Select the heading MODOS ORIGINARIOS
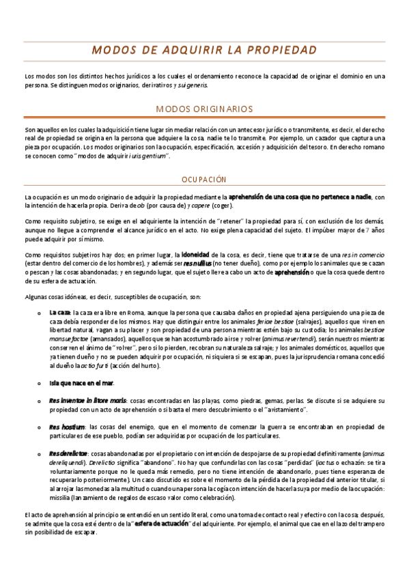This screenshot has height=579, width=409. point(204,109)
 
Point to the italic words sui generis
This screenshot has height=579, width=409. point(194,86)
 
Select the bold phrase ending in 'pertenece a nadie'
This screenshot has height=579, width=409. point(300,197)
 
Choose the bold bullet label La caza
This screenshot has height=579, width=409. point(59,312)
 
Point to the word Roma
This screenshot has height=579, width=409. point(128,312)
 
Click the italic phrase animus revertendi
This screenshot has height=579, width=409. point(270,339)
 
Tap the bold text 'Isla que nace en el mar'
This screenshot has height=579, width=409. point(81,383)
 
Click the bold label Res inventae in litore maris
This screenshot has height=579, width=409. point(87,400)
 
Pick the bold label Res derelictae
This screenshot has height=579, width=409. point(68,453)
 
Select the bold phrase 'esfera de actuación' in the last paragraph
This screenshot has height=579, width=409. point(163,523)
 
